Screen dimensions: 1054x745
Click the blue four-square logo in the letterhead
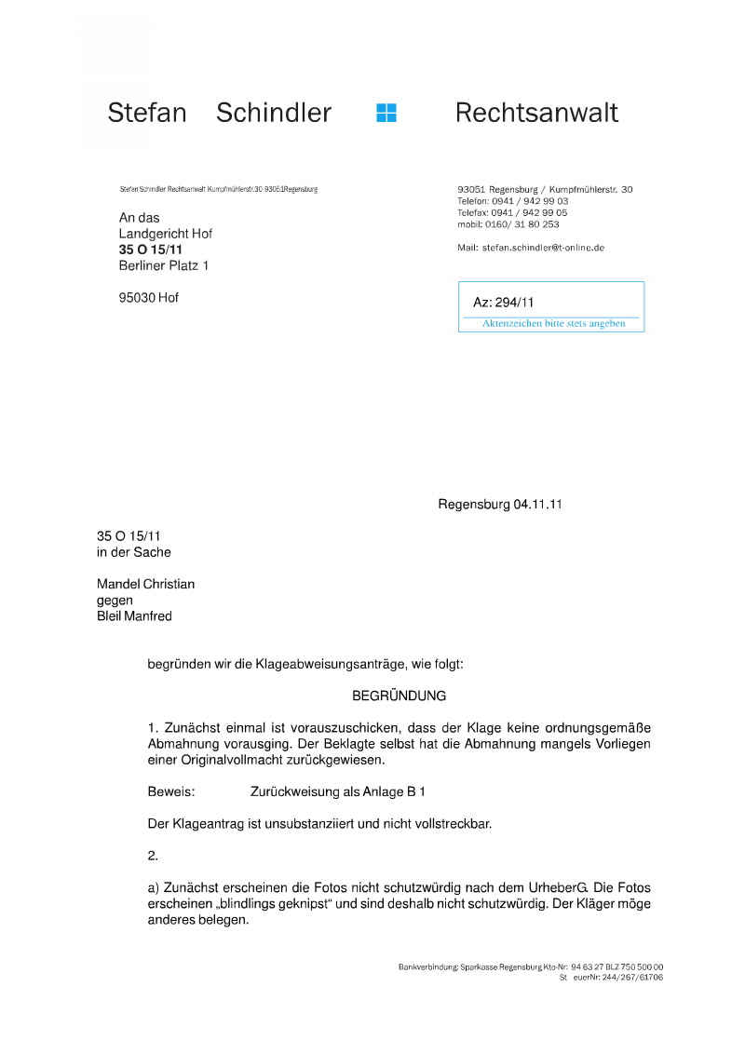pos(386,113)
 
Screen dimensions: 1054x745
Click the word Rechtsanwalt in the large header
pos(536,113)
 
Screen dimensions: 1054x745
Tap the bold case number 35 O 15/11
pos(150,250)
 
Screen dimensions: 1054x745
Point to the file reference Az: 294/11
pos(504,302)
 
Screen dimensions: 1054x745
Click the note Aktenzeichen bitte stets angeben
pos(553,324)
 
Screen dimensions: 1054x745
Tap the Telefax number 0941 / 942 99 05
pos(529,212)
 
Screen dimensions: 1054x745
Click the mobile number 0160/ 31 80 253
pos(521,224)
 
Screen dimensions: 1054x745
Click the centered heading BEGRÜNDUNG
pos(400,696)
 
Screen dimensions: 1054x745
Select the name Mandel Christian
pos(145,585)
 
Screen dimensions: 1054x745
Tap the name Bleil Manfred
pos(134,616)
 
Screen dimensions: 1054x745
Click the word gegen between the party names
pos(115,601)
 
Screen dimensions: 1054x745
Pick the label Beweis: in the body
pos(170,792)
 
